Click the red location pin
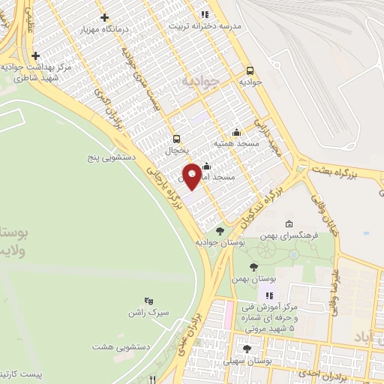[x=192, y=175]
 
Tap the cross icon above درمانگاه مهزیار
[x=104, y=17]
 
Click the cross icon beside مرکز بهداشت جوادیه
[x=36, y=55]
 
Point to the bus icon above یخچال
[x=177, y=138]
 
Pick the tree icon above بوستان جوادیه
[x=220, y=231]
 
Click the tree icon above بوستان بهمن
[x=253, y=266]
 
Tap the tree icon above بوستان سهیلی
[x=247, y=349]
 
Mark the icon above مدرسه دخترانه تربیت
[x=203, y=13]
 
